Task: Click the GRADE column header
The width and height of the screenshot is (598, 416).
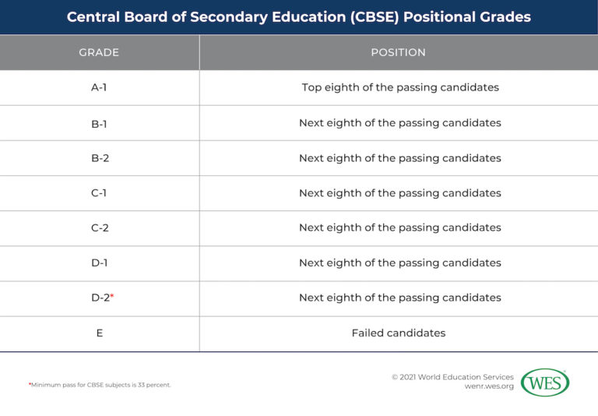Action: pyautogui.click(x=99, y=52)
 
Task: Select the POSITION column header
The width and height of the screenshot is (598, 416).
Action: pyautogui.click(x=398, y=52)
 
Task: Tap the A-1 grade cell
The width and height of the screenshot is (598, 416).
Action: pyautogui.click(x=99, y=87)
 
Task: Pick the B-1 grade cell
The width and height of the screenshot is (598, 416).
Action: pyautogui.click(x=99, y=122)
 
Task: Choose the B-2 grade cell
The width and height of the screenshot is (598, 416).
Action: pyautogui.click(x=99, y=157)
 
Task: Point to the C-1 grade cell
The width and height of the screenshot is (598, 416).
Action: pyautogui.click(x=99, y=192)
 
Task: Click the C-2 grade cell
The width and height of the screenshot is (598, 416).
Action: pyautogui.click(x=99, y=227)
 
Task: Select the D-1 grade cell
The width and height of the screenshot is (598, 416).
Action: pyautogui.click(x=99, y=263)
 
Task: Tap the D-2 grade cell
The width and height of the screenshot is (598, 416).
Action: pyautogui.click(x=100, y=298)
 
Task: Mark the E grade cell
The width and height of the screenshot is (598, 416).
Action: pyautogui.click(x=99, y=333)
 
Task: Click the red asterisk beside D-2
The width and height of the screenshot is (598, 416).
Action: pyautogui.click(x=112, y=296)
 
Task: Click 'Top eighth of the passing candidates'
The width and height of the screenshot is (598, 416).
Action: pyautogui.click(x=399, y=87)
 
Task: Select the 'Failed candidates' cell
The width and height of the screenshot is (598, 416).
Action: pyautogui.click(x=398, y=333)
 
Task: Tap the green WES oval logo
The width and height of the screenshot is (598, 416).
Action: pyautogui.click(x=545, y=383)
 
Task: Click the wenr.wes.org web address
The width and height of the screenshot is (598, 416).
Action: pyautogui.click(x=488, y=387)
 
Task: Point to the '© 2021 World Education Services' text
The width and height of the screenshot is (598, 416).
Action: pyautogui.click(x=452, y=376)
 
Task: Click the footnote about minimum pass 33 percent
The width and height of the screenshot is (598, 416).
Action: pyautogui.click(x=100, y=385)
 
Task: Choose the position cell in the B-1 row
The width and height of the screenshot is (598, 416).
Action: pyautogui.click(x=399, y=122)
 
